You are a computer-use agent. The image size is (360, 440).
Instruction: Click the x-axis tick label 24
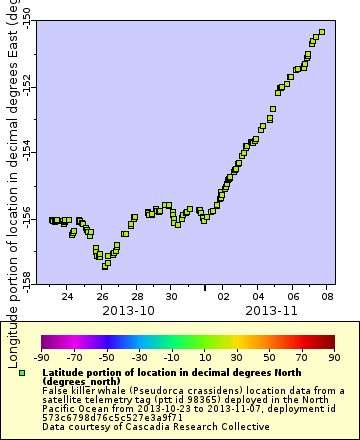click(x=67, y=297)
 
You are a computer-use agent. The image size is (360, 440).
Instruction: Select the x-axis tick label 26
click(x=102, y=297)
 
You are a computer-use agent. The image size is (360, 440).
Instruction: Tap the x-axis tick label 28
click(x=137, y=297)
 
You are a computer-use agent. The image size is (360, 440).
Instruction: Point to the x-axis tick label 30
click(x=171, y=297)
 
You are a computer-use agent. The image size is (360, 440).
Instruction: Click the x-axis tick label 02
click(x=224, y=297)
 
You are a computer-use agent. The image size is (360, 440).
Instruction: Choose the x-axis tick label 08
click(x=328, y=297)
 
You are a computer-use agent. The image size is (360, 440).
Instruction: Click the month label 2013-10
click(x=128, y=310)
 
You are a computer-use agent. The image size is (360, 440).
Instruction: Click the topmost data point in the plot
click(x=322, y=32)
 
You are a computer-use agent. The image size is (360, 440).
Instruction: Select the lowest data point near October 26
click(x=105, y=266)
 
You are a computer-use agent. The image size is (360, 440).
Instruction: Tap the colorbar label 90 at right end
click(x=334, y=357)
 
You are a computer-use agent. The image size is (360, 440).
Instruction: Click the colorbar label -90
click(x=41, y=357)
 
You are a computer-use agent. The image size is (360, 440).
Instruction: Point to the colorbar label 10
click(x=204, y=357)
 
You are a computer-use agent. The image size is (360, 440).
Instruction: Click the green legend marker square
click(x=22, y=372)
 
